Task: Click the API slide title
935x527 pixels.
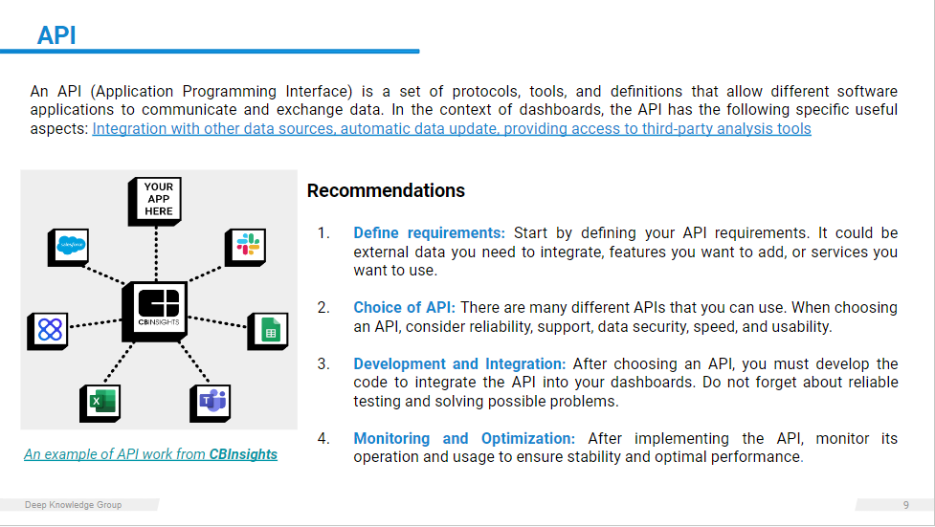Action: tap(56, 35)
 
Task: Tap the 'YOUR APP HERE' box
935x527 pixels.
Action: tap(155, 201)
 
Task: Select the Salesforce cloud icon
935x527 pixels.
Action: tap(69, 247)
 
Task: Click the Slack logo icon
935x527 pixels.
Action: tap(246, 247)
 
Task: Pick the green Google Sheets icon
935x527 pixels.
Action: tap(268, 331)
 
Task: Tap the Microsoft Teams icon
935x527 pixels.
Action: tap(211, 403)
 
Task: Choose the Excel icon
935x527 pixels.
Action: tap(100, 403)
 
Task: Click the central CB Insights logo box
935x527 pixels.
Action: tap(155, 311)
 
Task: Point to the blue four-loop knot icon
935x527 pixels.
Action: tap(48, 331)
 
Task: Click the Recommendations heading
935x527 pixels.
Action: tap(386, 190)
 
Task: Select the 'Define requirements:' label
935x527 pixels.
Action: tap(430, 233)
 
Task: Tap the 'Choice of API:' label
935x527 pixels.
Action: tap(404, 308)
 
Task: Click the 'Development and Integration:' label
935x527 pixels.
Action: tap(459, 363)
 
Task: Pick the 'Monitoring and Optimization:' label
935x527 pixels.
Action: tap(464, 438)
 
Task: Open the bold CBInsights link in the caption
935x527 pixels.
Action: tap(243, 454)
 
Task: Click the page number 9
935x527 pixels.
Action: tap(905, 505)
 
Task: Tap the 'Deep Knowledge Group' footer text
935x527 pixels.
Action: tap(74, 505)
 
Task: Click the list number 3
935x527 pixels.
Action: tap(323, 363)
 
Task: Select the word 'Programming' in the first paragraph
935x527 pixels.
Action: tap(229, 92)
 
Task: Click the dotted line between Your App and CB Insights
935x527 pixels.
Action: tap(156, 254)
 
